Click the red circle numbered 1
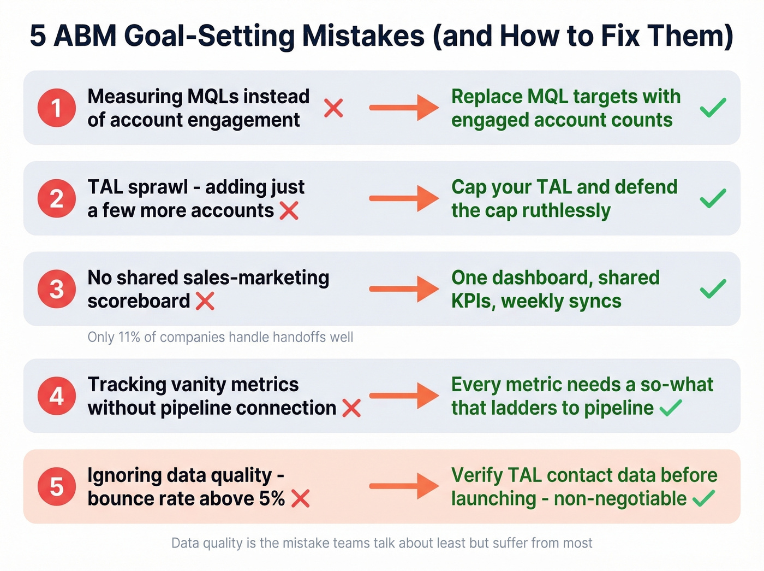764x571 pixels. click(x=57, y=108)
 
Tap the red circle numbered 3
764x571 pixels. click(x=57, y=289)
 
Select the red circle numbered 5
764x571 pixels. click(x=57, y=486)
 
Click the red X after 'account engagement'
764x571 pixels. click(x=333, y=108)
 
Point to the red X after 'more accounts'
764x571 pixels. click(x=289, y=210)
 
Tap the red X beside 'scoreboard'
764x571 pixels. click(x=205, y=301)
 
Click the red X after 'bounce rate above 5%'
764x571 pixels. click(x=301, y=498)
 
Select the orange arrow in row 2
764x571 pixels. click(x=404, y=198)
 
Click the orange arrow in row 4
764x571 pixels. click(x=404, y=396)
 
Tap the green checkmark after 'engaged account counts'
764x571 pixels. click(x=713, y=108)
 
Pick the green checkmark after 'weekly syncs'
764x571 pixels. click(x=713, y=289)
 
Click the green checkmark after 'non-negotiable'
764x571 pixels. click(x=704, y=498)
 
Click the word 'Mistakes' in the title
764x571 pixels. click(x=363, y=36)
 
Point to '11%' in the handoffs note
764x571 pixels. click(x=129, y=337)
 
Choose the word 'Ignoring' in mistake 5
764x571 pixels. click(x=125, y=475)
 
